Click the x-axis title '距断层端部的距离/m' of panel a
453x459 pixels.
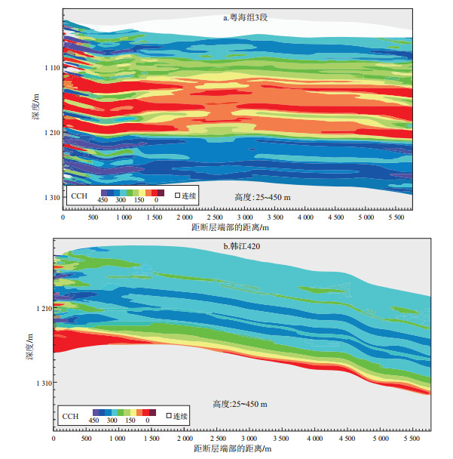pos(230,226)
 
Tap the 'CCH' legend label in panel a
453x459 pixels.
pos(79,196)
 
